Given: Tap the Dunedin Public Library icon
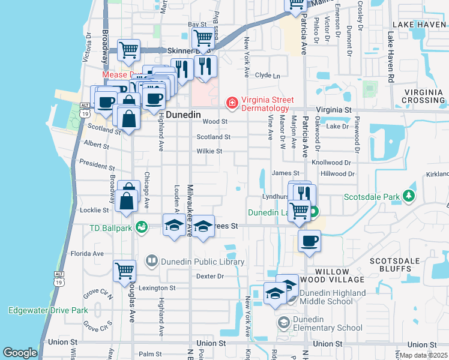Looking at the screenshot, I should tap(152, 261).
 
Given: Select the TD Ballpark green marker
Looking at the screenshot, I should tap(141, 227).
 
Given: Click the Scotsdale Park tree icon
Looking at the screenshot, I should tap(409, 196).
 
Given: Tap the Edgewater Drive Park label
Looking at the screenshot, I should tap(48, 310).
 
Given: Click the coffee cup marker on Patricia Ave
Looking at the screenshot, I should tap(309, 241).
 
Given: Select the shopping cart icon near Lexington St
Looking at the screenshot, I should tap(125, 270).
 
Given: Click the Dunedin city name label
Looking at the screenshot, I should tap(182, 114).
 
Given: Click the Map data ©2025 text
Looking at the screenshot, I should tap(423, 355).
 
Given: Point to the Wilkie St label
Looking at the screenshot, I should tap(209, 151).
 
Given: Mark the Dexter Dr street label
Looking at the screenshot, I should tap(210, 277).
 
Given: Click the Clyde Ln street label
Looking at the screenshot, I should tap(268, 76).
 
